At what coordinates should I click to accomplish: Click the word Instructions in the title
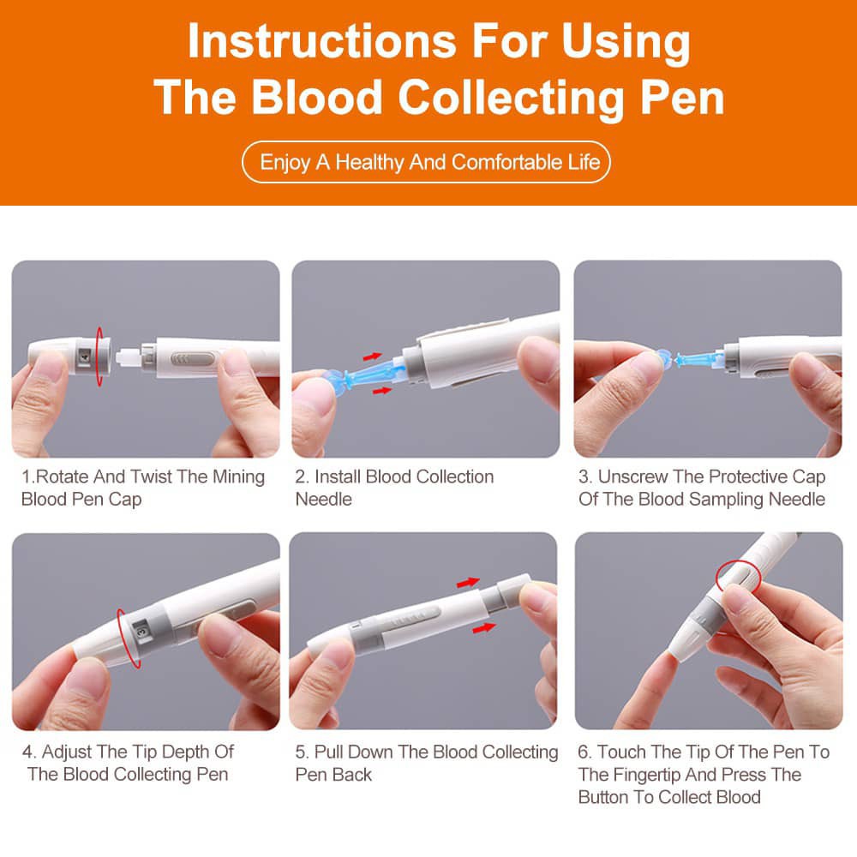322,42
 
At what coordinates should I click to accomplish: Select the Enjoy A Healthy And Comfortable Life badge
426,162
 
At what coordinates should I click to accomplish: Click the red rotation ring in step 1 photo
99,357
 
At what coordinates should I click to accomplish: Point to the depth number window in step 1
85,357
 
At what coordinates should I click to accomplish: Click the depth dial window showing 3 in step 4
142,632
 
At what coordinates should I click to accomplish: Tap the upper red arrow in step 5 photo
468,583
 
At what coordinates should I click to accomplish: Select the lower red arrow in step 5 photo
483,628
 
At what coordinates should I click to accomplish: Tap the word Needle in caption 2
324,499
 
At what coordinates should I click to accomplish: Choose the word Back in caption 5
353,775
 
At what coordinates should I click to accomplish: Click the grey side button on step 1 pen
192,359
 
